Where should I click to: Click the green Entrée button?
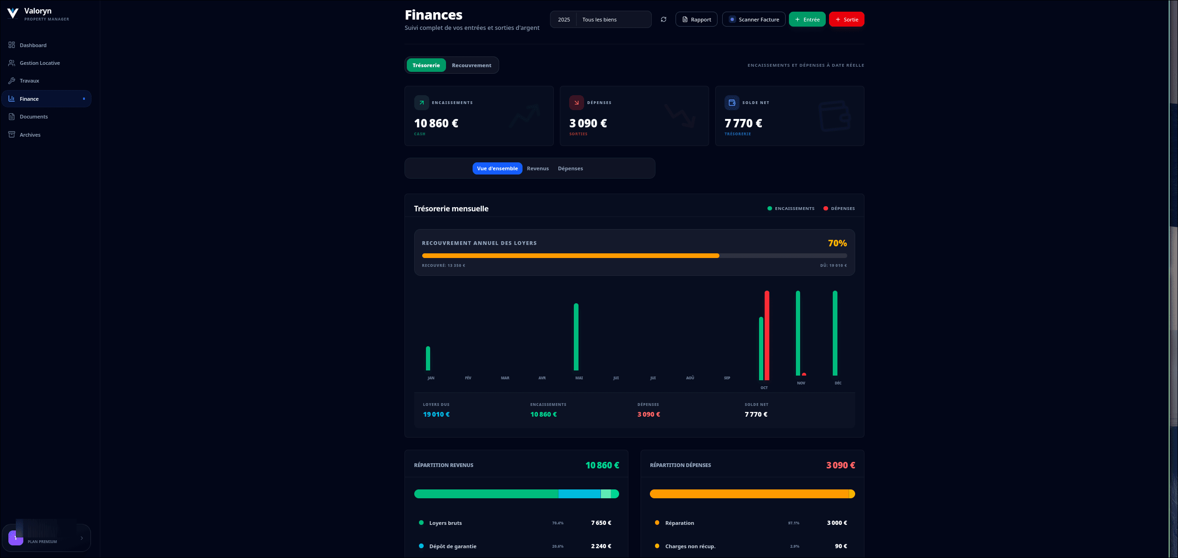[x=807, y=20]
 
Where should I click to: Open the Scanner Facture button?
[x=753, y=20]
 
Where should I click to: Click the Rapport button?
[x=696, y=20]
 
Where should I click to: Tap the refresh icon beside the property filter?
[x=663, y=20]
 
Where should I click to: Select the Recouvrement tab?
[x=471, y=65]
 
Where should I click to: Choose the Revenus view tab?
[x=537, y=168]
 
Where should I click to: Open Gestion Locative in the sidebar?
[x=40, y=63]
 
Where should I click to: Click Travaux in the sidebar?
[x=29, y=81]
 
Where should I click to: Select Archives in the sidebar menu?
[x=30, y=135]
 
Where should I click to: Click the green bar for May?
[x=576, y=337]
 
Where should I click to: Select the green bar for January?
[x=428, y=358]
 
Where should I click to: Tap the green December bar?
[x=835, y=333]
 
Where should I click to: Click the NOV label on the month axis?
[x=801, y=383]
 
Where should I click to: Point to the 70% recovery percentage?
[x=837, y=243]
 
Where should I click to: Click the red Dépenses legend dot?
[x=826, y=209]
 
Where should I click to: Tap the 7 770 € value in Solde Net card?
[x=743, y=123]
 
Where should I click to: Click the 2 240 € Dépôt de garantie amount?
[x=601, y=546]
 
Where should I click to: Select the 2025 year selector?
[x=564, y=20]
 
